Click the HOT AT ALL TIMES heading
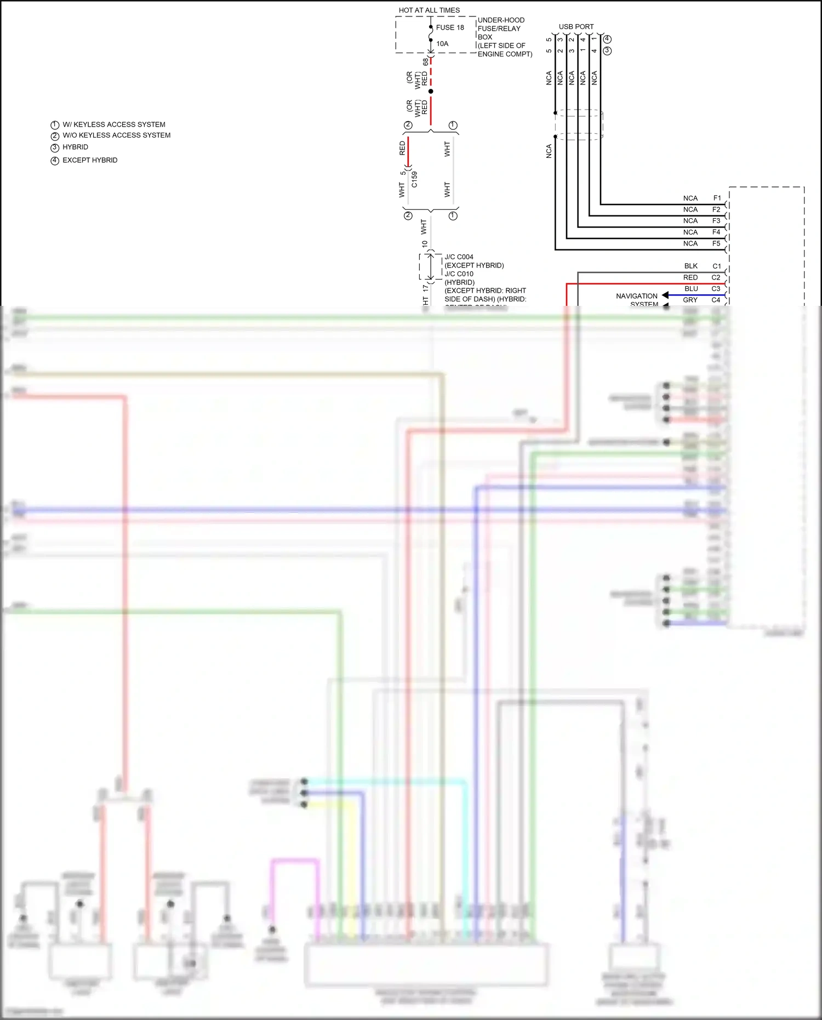coord(429,10)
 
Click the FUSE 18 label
coord(450,27)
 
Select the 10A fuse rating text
coord(442,44)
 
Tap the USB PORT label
coord(576,26)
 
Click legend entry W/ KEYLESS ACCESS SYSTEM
coord(113,124)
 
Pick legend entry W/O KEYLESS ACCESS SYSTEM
coord(116,135)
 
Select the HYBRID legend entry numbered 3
coord(75,147)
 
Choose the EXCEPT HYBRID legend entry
coord(90,160)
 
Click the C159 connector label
coord(414,179)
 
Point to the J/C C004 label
coord(459,257)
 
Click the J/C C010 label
coord(459,274)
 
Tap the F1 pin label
coord(717,198)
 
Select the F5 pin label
coord(716,243)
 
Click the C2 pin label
coord(716,277)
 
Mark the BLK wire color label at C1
coord(690,266)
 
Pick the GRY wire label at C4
coord(690,300)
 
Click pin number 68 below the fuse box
coord(425,62)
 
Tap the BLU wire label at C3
coord(691,289)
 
